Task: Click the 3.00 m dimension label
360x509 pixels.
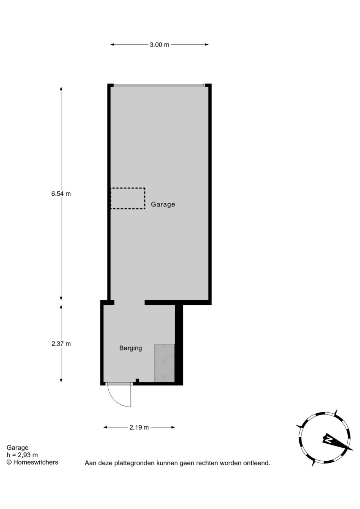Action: click(x=159, y=45)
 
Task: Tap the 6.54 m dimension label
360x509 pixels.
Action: click(x=61, y=194)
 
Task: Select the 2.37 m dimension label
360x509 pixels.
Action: click(x=61, y=344)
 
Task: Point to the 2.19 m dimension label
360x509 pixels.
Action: click(x=139, y=427)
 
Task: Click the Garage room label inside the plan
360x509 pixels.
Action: click(x=163, y=204)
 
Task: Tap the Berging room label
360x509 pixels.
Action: click(x=131, y=348)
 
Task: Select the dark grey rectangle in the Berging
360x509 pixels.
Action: click(x=165, y=363)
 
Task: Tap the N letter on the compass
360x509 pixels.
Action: click(x=329, y=440)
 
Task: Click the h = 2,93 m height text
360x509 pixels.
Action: click(x=22, y=455)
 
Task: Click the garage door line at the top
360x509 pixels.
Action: click(x=159, y=86)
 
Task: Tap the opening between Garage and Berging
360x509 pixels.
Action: click(x=129, y=302)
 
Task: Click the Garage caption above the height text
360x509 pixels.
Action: click(x=17, y=448)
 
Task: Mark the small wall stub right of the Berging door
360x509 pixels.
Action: click(x=137, y=380)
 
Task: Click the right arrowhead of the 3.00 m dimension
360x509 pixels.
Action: click(x=207, y=44)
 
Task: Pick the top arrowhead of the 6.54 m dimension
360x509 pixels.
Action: click(x=61, y=89)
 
